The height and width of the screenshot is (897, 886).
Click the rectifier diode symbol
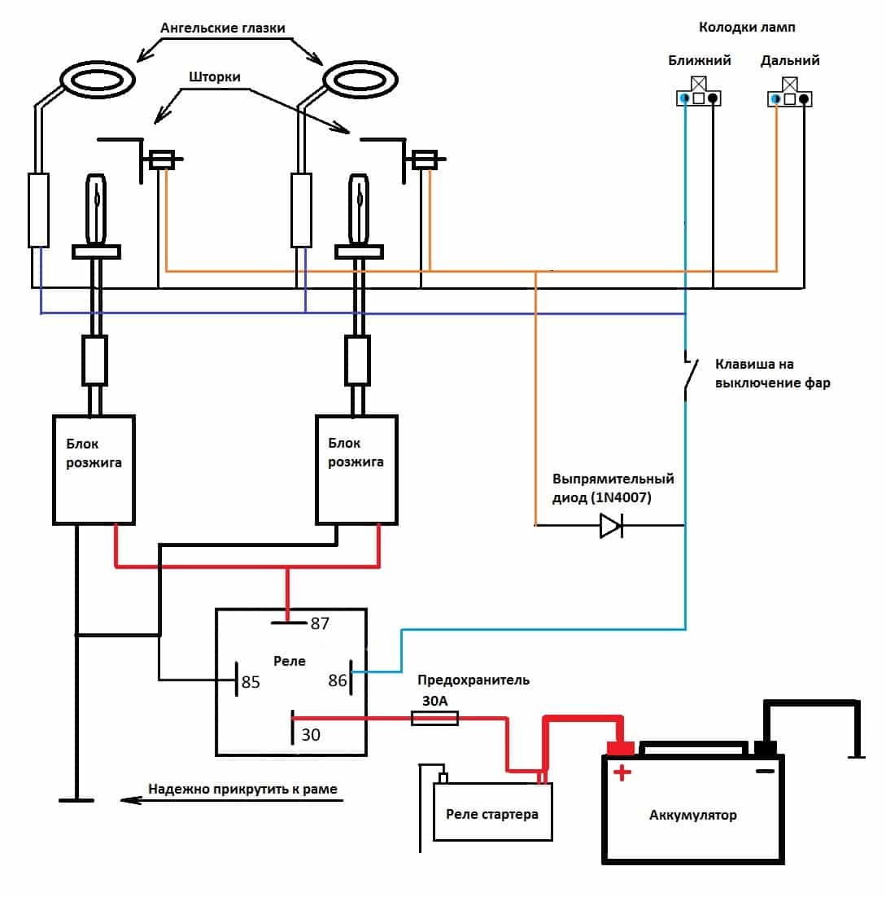click(611, 526)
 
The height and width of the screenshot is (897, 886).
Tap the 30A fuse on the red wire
click(434, 718)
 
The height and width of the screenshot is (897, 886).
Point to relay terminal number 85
click(250, 682)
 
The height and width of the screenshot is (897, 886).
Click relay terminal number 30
click(311, 735)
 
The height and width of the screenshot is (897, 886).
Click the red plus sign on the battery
click(622, 772)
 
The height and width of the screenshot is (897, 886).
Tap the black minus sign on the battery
click(764, 771)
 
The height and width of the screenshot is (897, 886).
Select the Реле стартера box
click(492, 812)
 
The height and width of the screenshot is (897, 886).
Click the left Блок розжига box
click(94, 470)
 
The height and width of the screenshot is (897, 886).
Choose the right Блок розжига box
click(356, 470)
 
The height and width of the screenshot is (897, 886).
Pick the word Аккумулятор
click(693, 815)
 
